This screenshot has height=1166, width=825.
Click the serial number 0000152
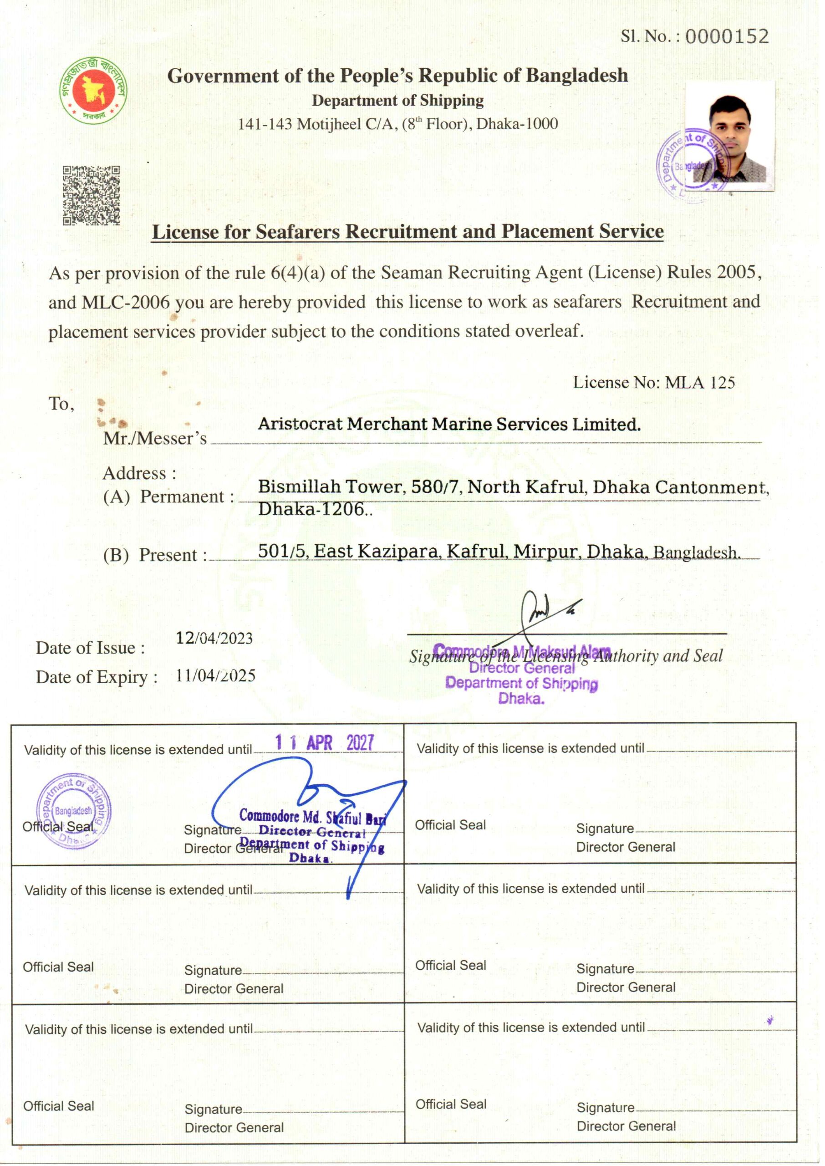(x=727, y=36)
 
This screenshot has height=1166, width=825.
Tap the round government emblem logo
(x=93, y=89)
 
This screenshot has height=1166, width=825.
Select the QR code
(x=92, y=195)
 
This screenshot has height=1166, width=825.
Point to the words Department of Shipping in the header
(x=398, y=101)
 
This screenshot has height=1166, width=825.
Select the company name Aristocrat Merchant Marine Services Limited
(x=449, y=424)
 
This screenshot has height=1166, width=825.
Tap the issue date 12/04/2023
(x=214, y=638)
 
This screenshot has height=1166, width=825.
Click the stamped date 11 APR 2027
(x=324, y=743)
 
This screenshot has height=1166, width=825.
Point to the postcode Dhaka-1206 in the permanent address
(x=312, y=509)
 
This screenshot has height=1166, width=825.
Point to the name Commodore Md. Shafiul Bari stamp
(x=312, y=817)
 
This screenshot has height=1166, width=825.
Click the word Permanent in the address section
(x=182, y=497)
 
